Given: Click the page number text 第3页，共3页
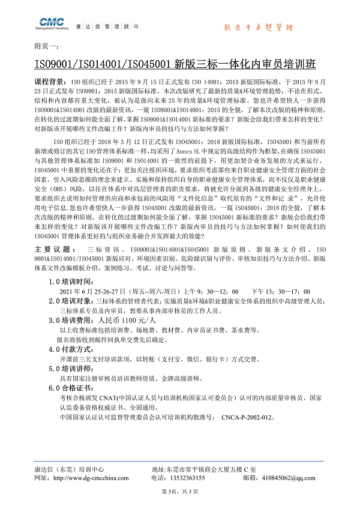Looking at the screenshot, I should pyautogui.click(x=180, y=492).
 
